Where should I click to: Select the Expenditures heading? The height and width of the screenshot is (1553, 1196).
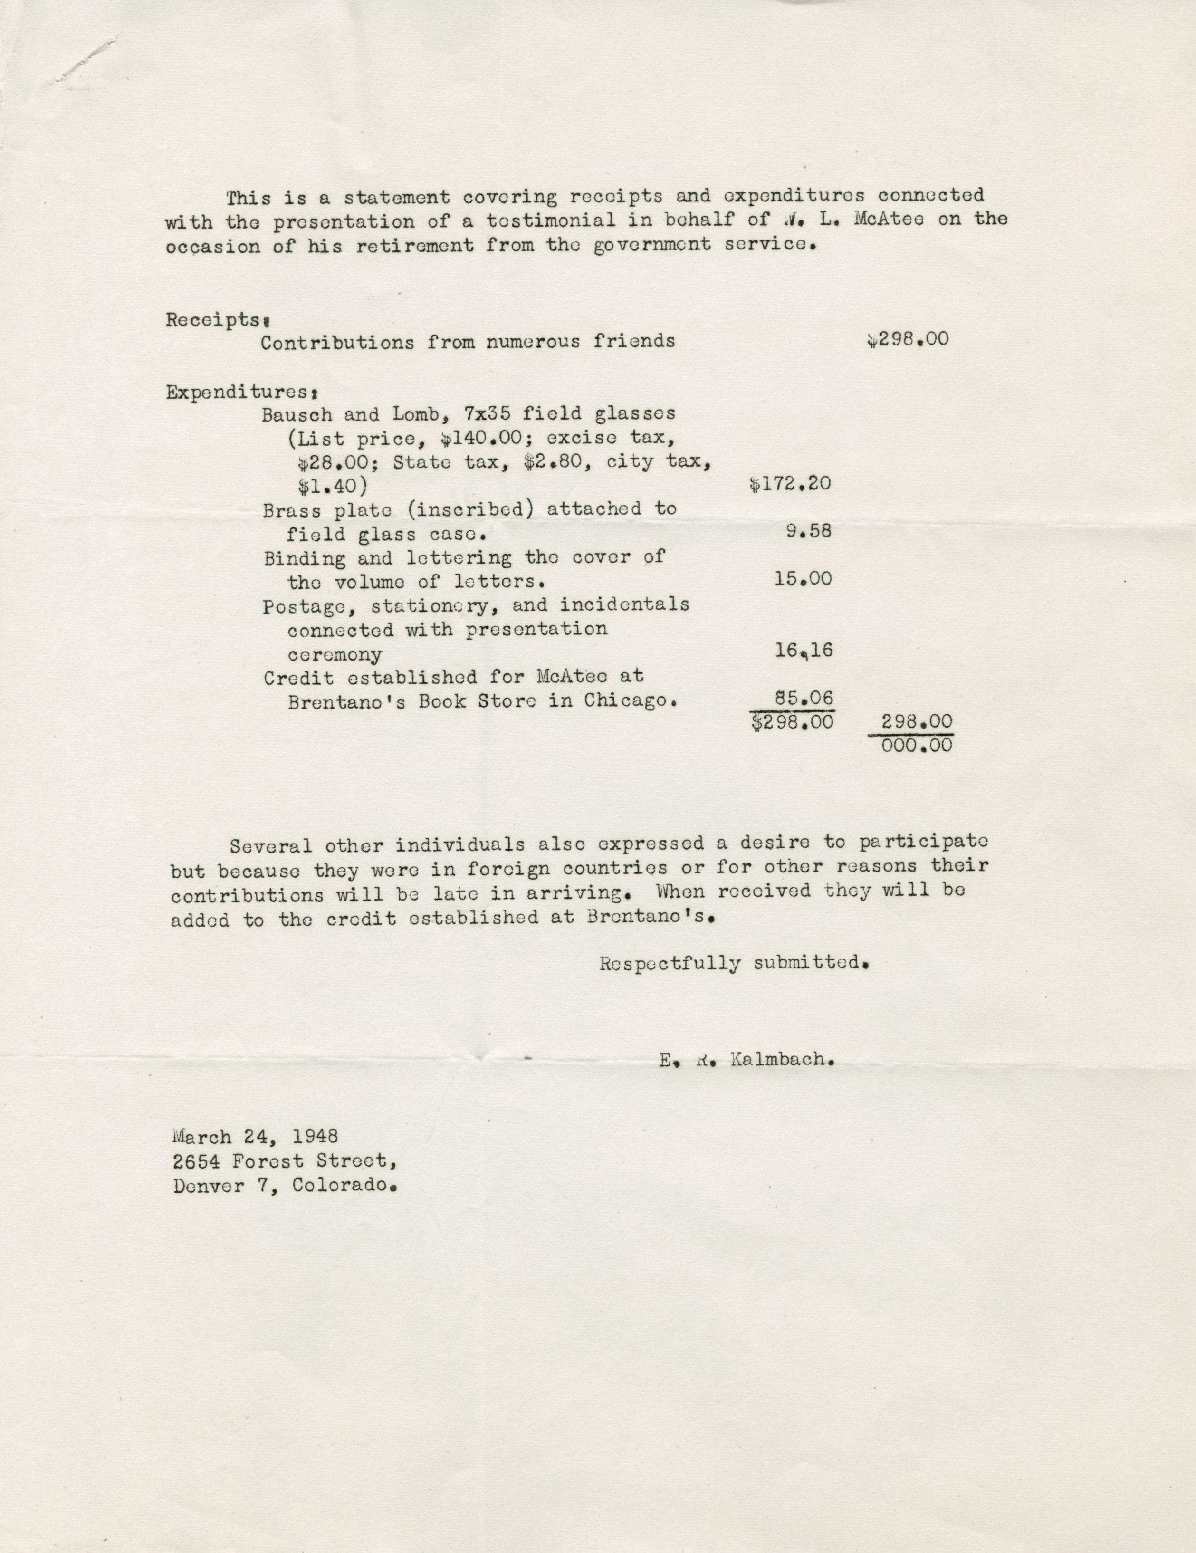(241, 393)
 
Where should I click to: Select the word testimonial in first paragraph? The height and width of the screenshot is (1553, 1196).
(551, 220)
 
